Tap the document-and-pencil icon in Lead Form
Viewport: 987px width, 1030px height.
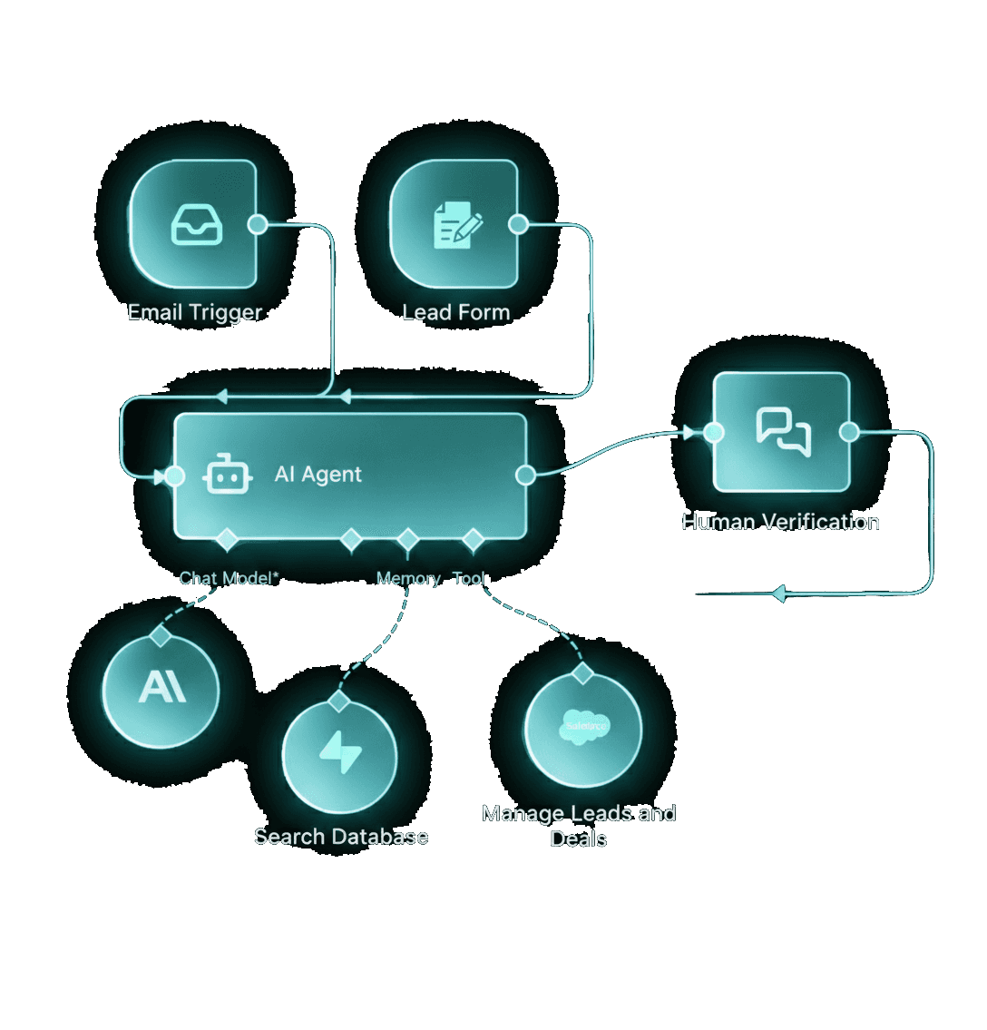(457, 224)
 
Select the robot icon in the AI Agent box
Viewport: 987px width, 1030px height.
(227, 475)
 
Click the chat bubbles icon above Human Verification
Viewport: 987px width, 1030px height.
(784, 431)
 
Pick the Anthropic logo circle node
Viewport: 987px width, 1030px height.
(161, 690)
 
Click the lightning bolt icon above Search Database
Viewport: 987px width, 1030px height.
(340, 753)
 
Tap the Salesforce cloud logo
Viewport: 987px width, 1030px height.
(584, 728)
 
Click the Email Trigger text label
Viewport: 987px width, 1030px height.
(194, 312)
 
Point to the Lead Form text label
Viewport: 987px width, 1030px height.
(456, 312)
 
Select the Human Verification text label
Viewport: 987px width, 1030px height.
(780, 522)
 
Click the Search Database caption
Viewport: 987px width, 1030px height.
(341, 837)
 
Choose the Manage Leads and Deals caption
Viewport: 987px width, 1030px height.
(579, 825)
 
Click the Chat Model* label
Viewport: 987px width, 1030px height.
(229, 578)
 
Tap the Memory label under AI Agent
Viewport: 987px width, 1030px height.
(408, 578)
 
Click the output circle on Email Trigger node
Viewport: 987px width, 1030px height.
(258, 224)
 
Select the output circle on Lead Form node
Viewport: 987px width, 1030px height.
(518, 224)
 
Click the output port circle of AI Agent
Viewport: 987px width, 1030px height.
(524, 475)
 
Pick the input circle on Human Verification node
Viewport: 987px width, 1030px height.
(714, 432)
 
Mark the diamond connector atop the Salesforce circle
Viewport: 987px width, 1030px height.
(582, 673)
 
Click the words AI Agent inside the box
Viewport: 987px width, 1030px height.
(318, 475)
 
